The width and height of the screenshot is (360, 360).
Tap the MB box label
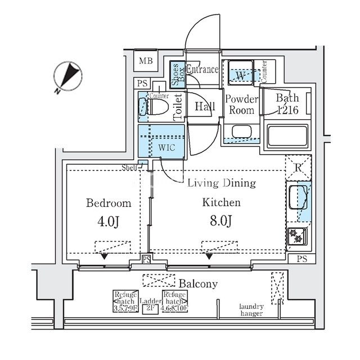tap(146, 61)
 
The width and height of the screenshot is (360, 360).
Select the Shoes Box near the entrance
tap(177, 74)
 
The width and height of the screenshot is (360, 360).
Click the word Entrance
tap(202, 70)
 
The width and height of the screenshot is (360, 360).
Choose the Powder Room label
tap(241, 104)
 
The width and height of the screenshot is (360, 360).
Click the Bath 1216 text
tap(287, 104)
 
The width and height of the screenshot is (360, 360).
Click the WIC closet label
tap(166, 148)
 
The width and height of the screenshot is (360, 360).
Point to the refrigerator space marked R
tap(298, 167)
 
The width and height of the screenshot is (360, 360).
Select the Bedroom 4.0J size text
tap(109, 221)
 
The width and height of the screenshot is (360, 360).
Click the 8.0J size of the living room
tap(221, 221)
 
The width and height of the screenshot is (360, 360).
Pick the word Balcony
tap(198, 283)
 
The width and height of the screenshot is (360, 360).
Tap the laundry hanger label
tap(251, 309)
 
